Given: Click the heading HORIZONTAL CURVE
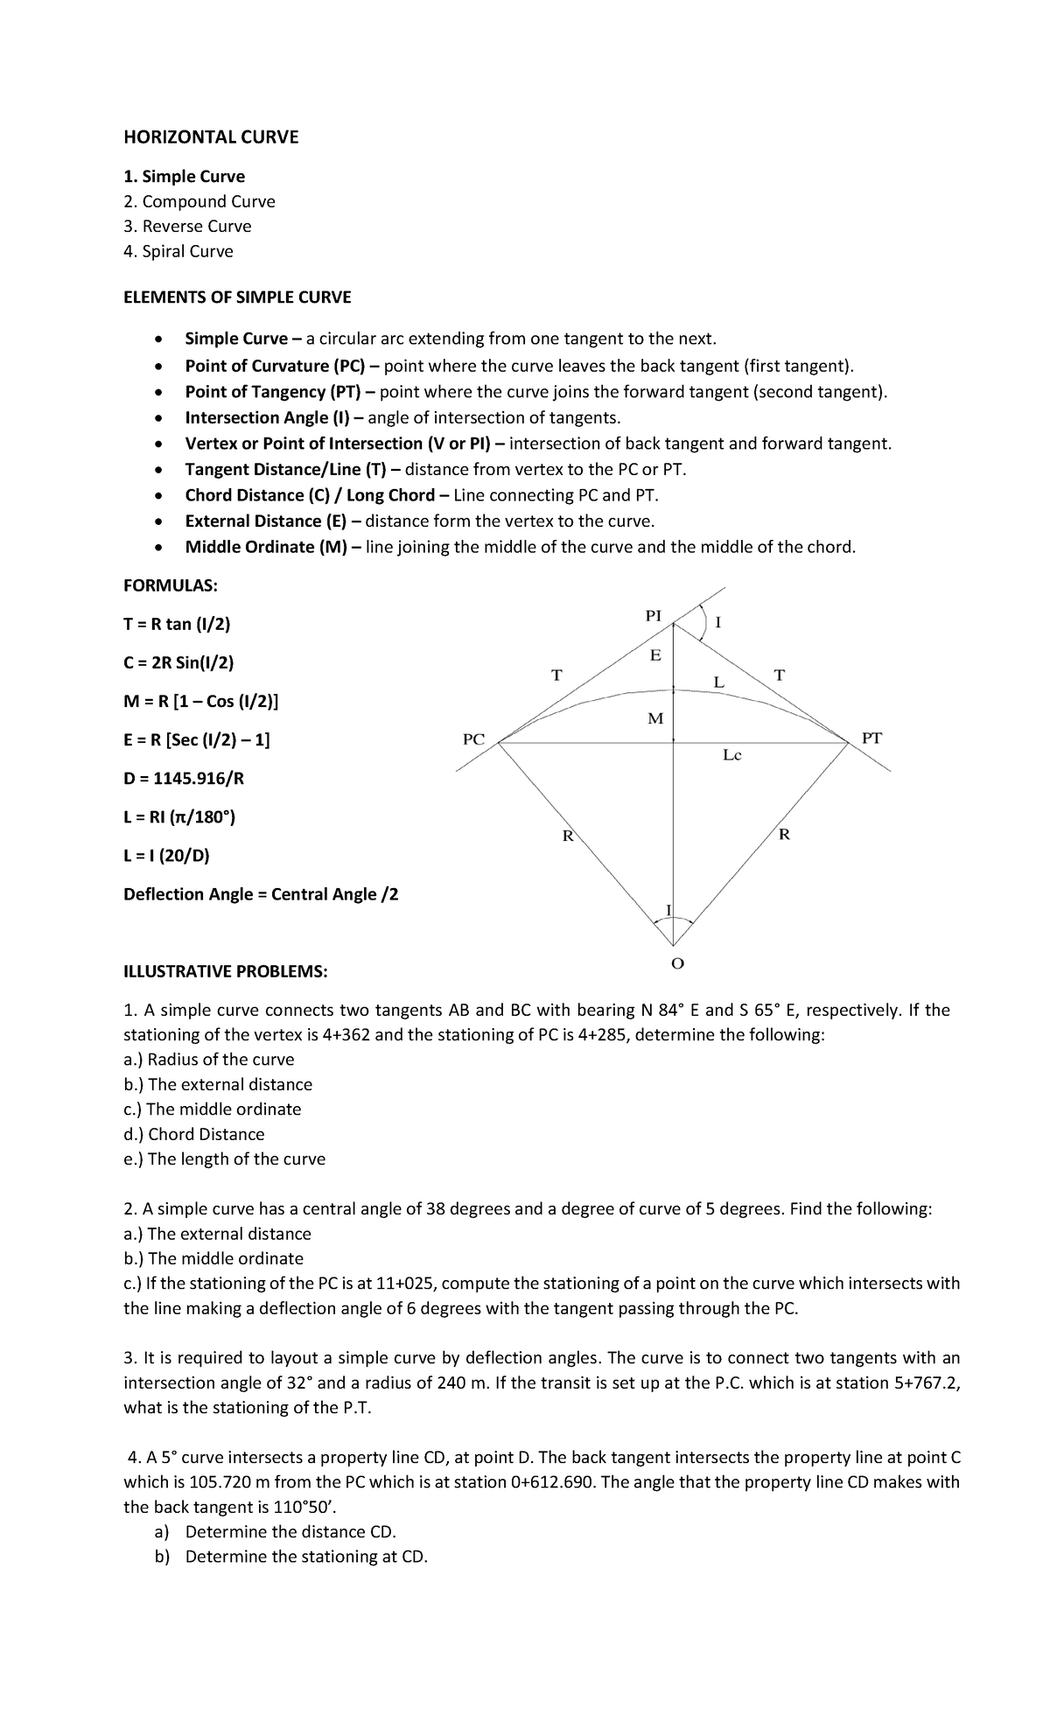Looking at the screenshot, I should point(210,136).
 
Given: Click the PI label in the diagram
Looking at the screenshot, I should point(653,615).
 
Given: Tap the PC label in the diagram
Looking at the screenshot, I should point(473,738).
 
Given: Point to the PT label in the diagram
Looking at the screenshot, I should point(872,738).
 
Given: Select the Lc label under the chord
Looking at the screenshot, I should point(731,755).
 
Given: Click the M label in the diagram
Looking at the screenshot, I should point(654,718).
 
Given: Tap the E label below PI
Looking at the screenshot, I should point(654,655).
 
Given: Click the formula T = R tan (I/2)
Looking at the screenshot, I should point(177,624).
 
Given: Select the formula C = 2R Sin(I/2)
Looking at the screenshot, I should point(178,662).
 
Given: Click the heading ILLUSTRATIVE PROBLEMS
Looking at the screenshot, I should point(226,971).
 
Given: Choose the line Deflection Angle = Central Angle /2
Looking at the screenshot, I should point(261,894).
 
